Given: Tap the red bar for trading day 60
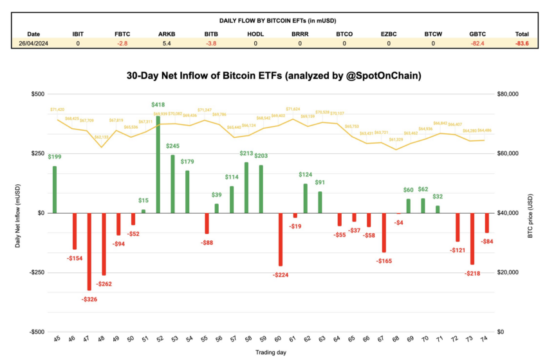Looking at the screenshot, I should [x=280, y=239].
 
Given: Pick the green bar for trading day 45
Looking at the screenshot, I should [x=55, y=189].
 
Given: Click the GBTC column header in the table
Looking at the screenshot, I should [x=477, y=34].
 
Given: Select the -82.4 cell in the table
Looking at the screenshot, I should [x=477, y=43].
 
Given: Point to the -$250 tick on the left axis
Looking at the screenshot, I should [x=35, y=272].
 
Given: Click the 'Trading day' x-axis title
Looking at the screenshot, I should [x=271, y=353].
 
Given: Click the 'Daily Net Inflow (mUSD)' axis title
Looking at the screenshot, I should [x=18, y=213].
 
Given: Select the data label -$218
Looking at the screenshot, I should [x=472, y=274].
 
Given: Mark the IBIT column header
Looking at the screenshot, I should [x=78, y=34].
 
